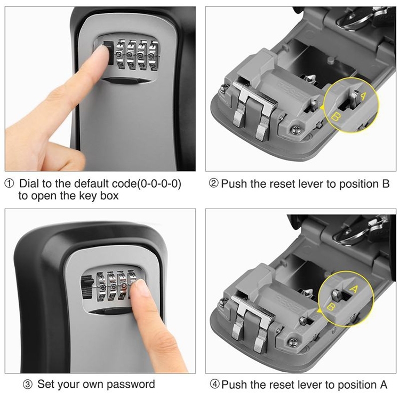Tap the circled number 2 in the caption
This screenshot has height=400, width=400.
(214, 184)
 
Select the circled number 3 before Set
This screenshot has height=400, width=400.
(28, 385)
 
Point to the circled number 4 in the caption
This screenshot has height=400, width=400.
(214, 385)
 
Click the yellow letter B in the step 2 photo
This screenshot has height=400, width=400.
(337, 117)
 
